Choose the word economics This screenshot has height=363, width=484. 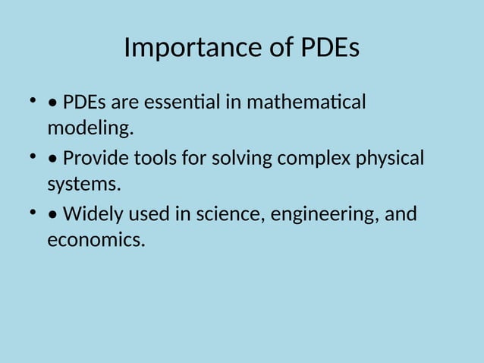(95, 241)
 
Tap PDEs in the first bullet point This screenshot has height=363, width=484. (86, 102)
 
